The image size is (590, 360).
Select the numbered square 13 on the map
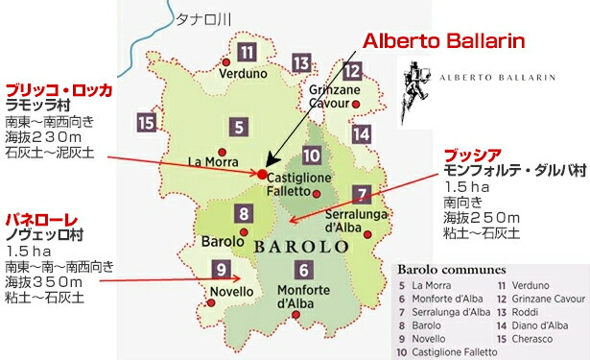coord(301,64)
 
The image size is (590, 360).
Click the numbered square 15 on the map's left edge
coord(147,122)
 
